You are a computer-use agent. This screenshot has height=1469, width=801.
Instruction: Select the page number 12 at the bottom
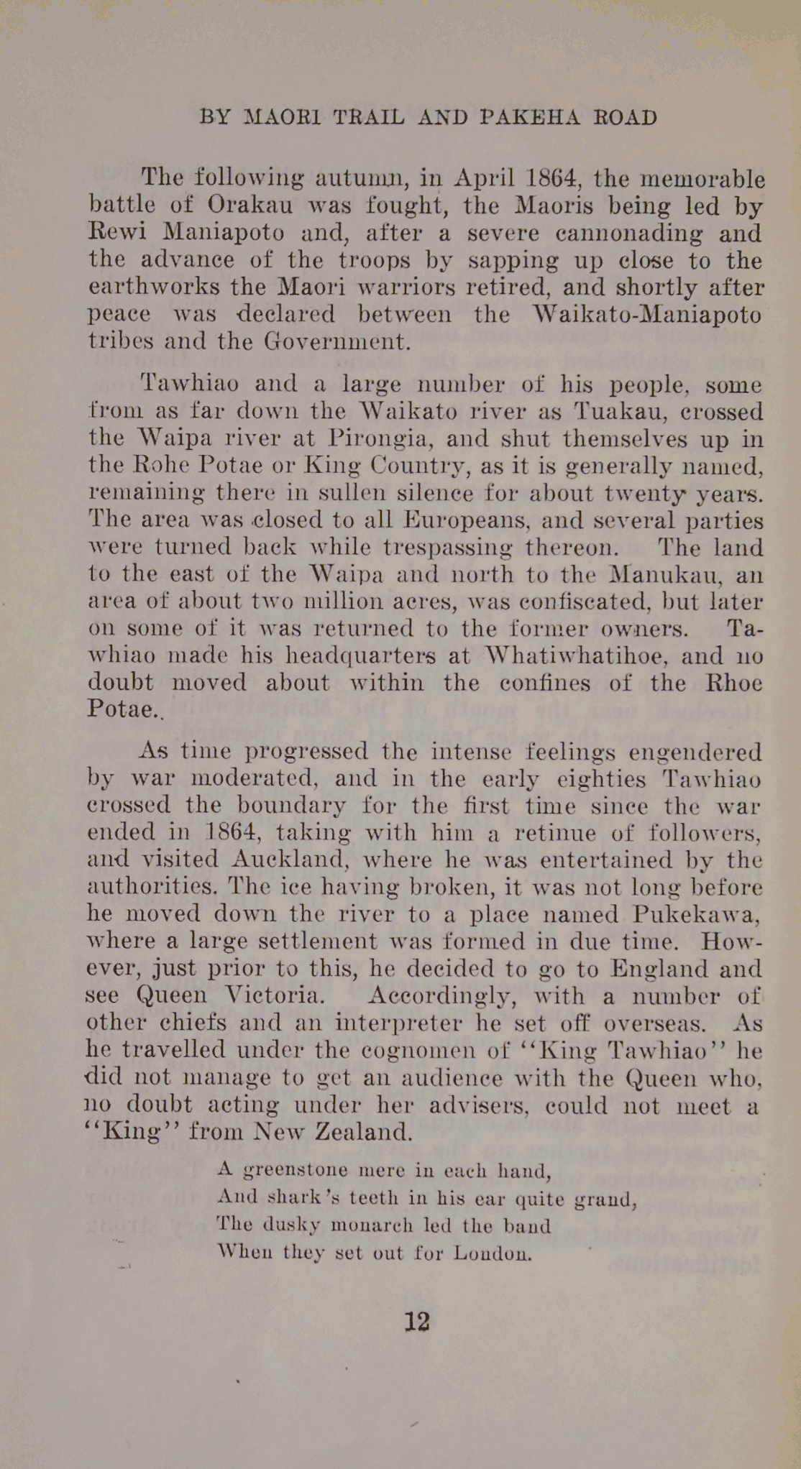click(417, 1322)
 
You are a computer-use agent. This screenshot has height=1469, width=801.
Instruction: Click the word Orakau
click(250, 206)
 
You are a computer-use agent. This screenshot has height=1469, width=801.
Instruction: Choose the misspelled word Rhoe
click(733, 682)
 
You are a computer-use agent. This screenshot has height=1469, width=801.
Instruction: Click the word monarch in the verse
click(372, 1225)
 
